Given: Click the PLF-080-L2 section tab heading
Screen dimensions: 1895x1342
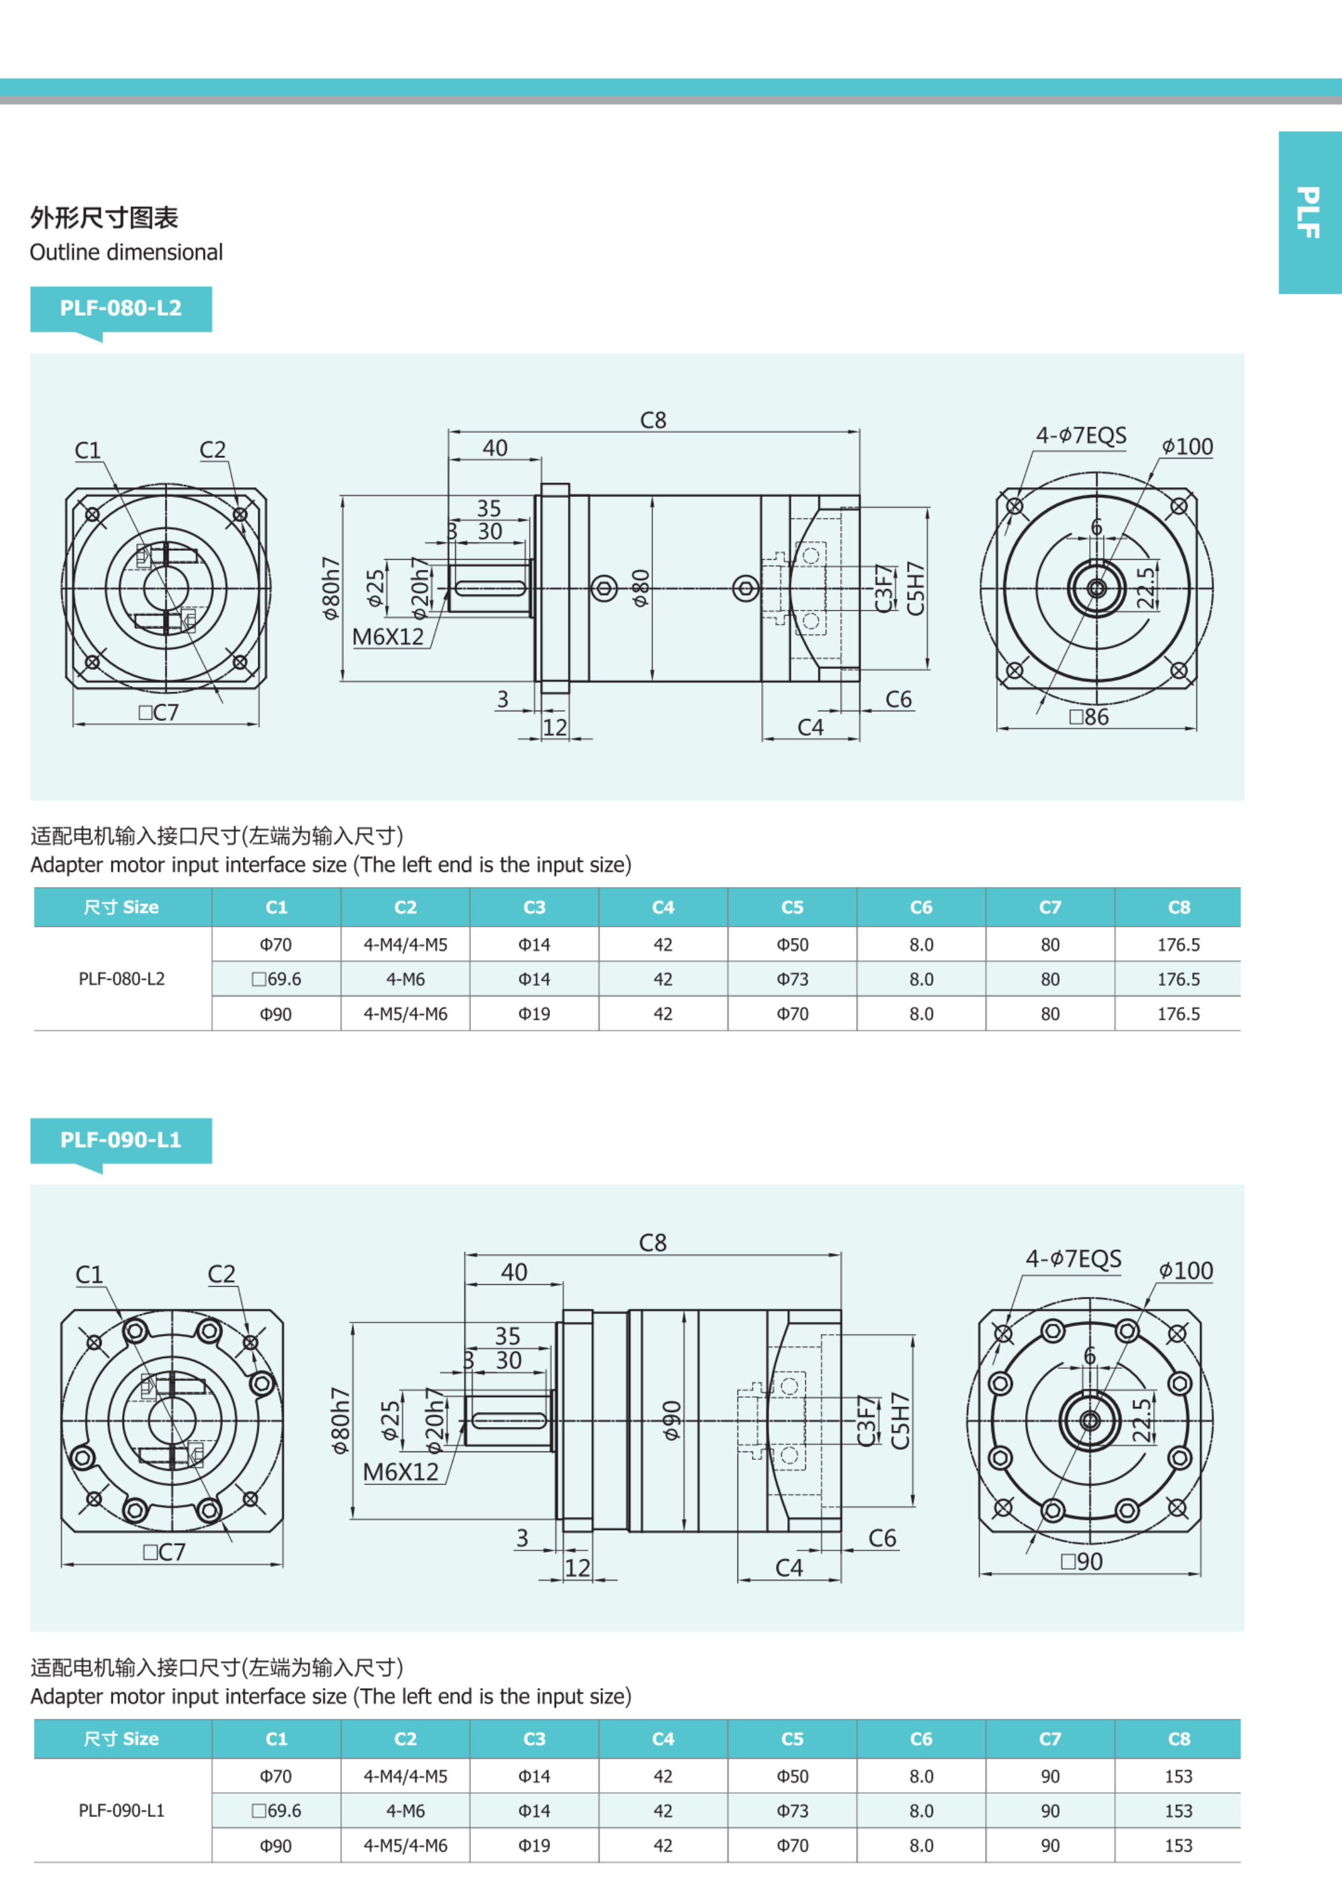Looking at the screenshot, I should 120,308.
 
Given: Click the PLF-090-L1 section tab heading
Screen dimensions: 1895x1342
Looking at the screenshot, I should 120,1140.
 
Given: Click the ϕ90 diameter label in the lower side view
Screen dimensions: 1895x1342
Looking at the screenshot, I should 672,1420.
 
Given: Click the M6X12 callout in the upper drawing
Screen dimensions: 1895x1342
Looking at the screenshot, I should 388,636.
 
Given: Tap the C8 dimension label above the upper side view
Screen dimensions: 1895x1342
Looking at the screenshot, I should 653,420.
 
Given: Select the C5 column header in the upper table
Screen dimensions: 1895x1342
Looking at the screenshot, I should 791,907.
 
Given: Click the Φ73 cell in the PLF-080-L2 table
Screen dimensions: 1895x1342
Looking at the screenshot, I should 791,979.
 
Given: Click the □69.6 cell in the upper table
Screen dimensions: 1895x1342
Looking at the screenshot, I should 276,979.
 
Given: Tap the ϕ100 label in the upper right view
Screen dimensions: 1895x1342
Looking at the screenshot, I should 1187,446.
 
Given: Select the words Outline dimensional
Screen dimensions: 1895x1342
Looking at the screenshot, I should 126,252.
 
